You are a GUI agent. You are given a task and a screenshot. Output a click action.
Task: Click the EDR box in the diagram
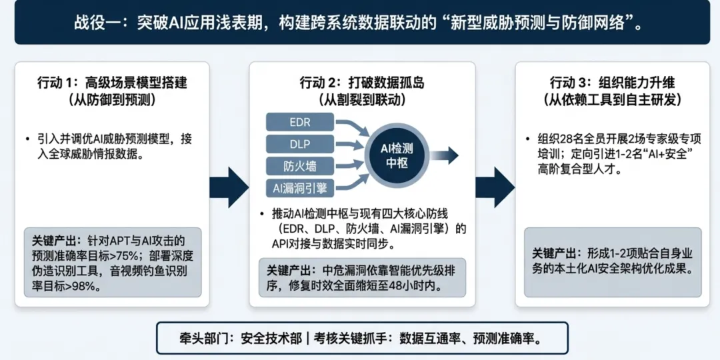click(x=299, y=122)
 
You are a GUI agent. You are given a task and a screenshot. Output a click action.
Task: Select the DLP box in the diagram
click(x=299, y=144)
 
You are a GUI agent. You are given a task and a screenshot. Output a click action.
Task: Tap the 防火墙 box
click(x=299, y=166)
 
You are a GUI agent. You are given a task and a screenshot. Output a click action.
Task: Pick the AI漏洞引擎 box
click(x=299, y=188)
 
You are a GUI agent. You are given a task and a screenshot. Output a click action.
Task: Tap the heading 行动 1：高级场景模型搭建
click(x=112, y=83)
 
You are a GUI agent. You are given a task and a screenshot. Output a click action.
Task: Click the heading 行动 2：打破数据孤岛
click(x=362, y=83)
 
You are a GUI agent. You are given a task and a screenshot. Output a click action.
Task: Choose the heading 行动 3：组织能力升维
click(x=612, y=83)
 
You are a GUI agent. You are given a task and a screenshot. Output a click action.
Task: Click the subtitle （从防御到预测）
click(x=112, y=101)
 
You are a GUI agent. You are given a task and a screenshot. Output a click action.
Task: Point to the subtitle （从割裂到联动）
click(x=362, y=101)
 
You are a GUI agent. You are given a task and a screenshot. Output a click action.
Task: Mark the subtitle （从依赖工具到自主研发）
click(x=612, y=101)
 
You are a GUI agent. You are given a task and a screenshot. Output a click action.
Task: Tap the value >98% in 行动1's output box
click(x=79, y=288)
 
